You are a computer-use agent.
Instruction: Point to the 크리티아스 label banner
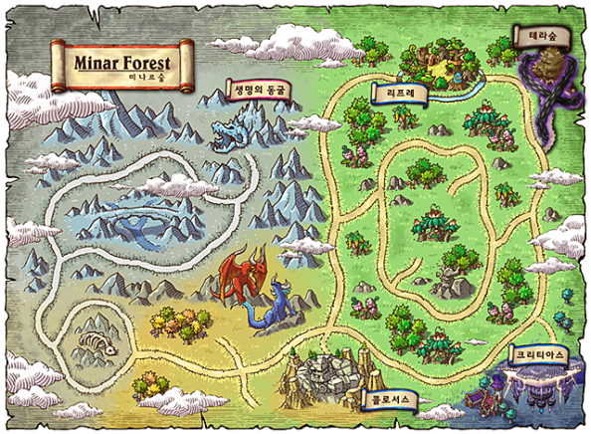coord(538,352)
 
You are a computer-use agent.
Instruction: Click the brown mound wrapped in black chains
coord(545,69)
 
